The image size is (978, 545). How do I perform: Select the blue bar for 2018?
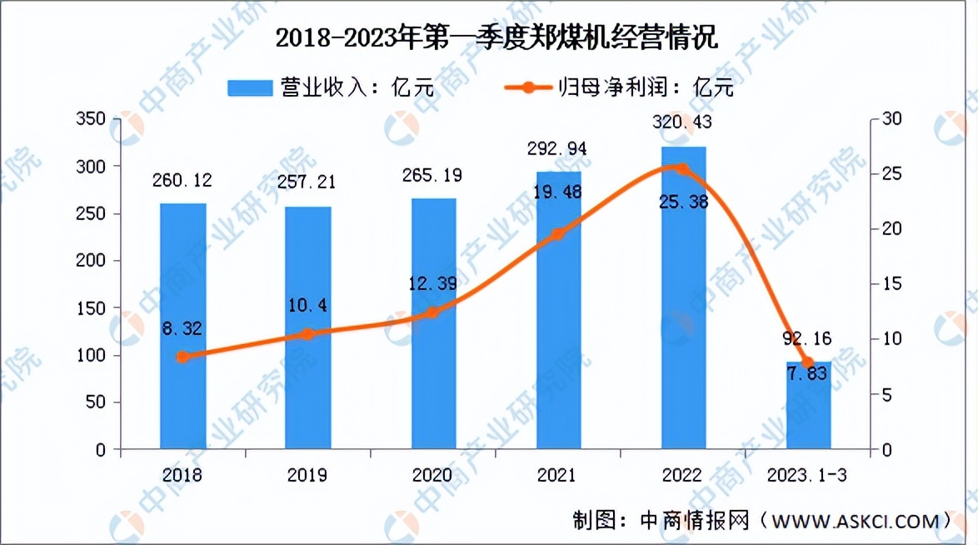[x=183, y=326]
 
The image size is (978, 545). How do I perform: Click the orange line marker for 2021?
[x=558, y=234]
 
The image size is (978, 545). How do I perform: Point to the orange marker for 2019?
[x=307, y=334]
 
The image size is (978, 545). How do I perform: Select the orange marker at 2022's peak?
[x=683, y=169]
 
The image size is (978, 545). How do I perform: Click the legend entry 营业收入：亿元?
[x=332, y=87]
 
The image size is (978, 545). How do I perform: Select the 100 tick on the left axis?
[x=92, y=355]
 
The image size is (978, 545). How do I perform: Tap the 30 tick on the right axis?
[x=891, y=119]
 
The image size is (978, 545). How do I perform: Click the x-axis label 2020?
[x=432, y=476]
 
